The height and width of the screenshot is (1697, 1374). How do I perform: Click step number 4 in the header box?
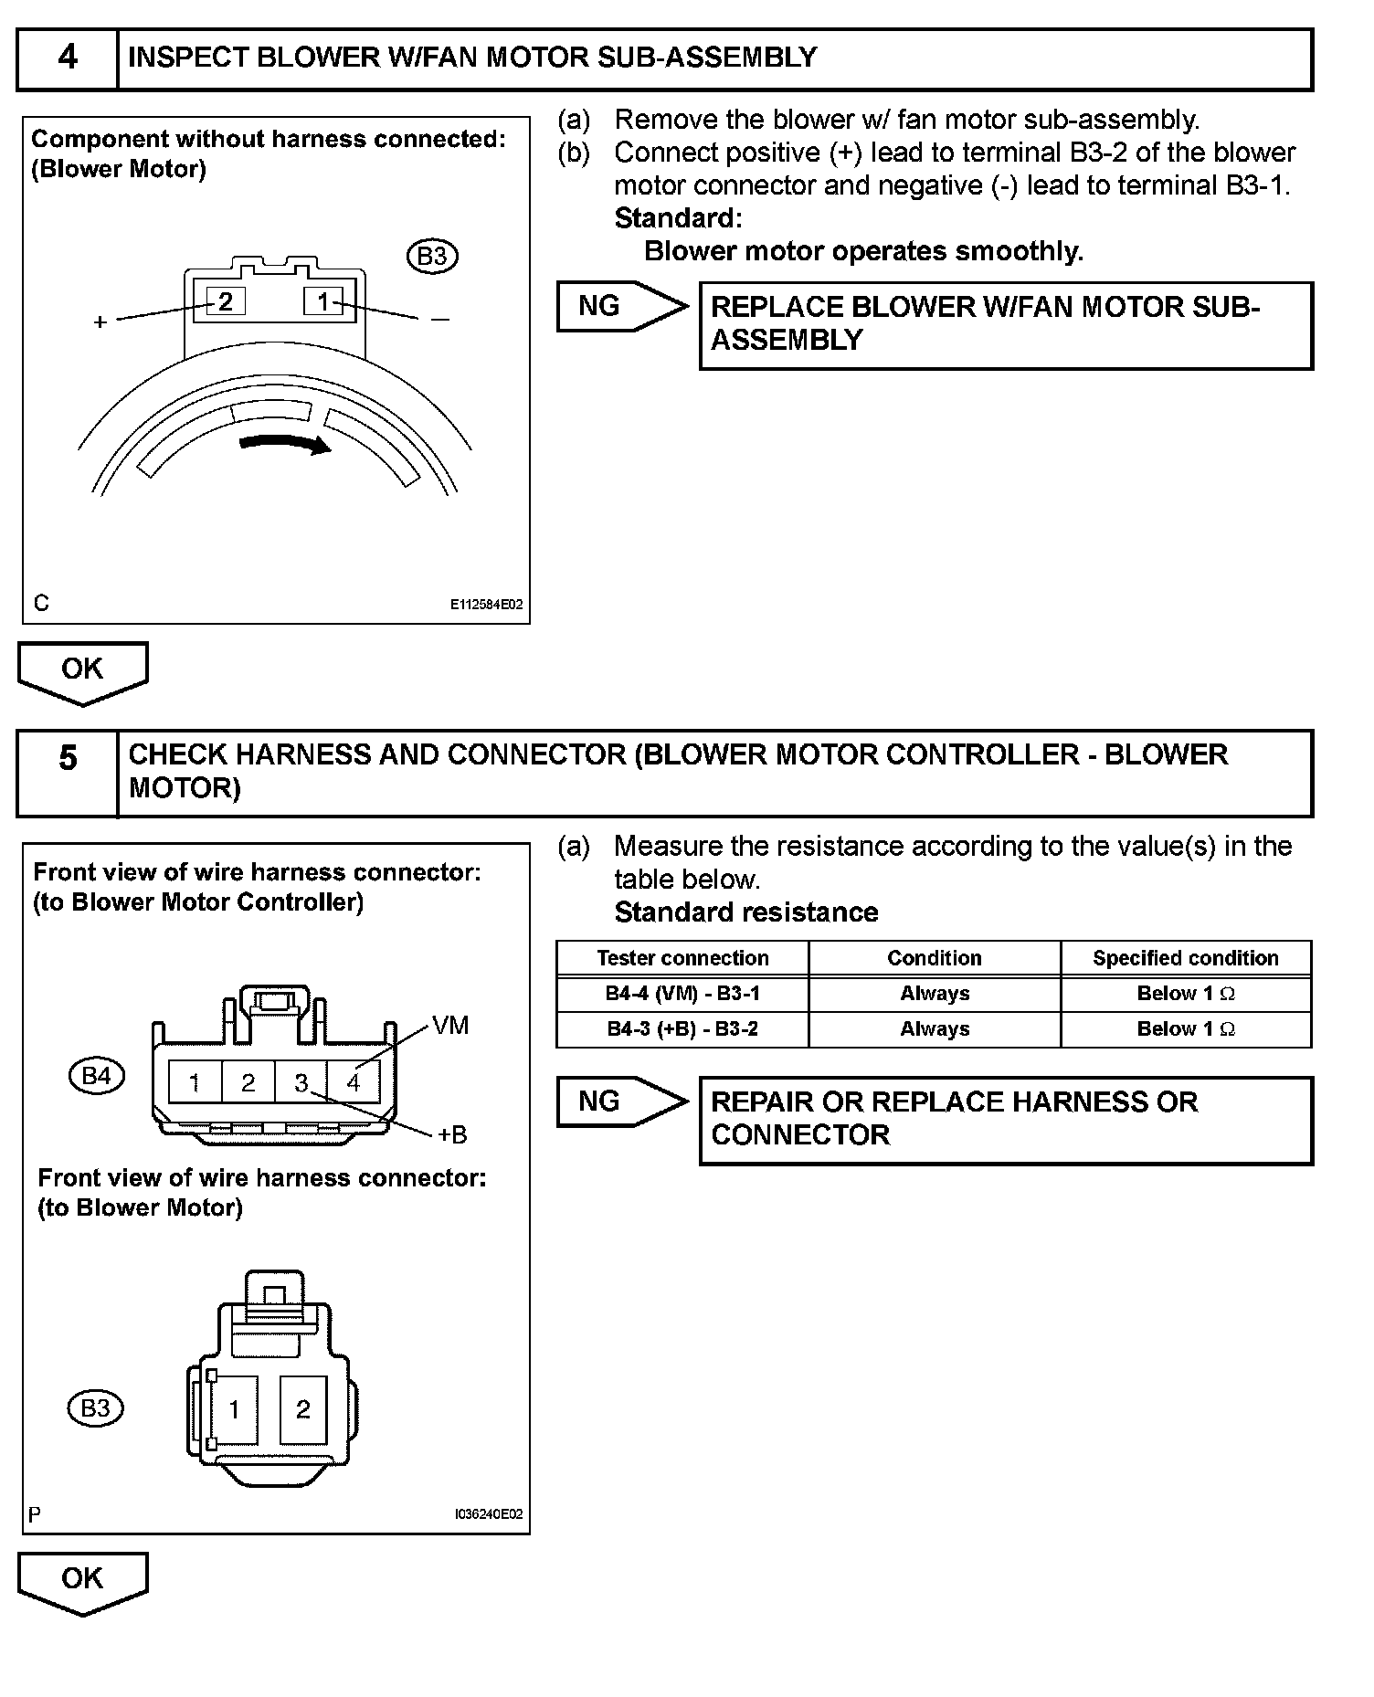(68, 58)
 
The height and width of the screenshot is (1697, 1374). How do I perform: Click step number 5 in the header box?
(68, 758)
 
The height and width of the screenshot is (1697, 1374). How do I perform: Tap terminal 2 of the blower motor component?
(226, 300)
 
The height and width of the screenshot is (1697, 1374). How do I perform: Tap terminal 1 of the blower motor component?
(323, 300)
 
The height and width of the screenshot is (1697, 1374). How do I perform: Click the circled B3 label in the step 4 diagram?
(432, 257)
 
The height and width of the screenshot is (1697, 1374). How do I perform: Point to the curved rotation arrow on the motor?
(284, 443)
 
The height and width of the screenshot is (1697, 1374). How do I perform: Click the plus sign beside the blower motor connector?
(100, 322)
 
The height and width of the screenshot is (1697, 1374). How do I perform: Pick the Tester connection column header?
(682, 958)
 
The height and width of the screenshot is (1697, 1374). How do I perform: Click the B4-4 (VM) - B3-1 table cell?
(682, 994)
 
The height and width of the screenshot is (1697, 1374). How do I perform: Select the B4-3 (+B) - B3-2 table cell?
(682, 1029)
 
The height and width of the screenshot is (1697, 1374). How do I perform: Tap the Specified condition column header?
(1185, 958)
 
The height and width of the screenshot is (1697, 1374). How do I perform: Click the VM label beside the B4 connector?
(450, 1026)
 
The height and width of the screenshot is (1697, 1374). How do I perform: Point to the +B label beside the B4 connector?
(451, 1134)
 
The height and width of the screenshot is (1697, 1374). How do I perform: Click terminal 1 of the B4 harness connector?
(195, 1083)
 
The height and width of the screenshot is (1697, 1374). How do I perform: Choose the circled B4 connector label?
(96, 1076)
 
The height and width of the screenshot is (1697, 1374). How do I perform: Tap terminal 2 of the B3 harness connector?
(303, 1409)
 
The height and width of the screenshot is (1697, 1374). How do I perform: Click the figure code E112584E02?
(486, 605)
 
